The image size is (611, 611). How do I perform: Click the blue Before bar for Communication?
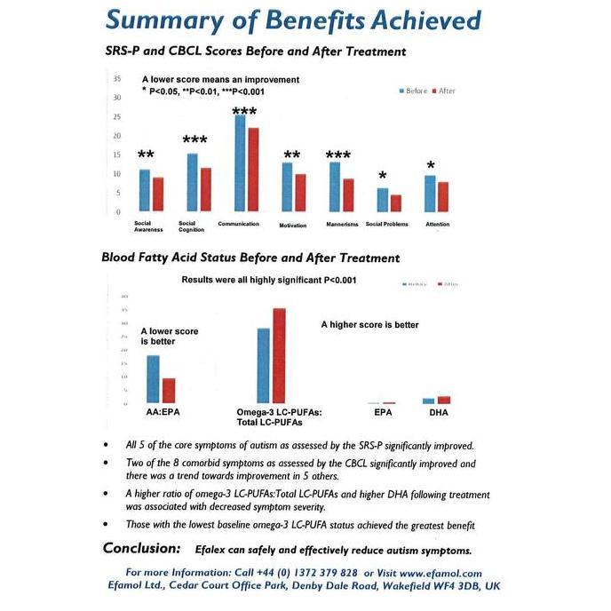point(240,163)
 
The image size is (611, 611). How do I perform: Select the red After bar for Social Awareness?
point(158,194)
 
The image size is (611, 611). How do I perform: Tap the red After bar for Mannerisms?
point(348,195)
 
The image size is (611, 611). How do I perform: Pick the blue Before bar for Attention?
point(430,194)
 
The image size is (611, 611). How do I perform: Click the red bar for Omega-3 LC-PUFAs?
point(279,355)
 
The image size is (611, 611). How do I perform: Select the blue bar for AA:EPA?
point(153,379)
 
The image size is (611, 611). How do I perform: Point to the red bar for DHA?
point(444,400)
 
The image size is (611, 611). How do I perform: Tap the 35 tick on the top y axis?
point(117,79)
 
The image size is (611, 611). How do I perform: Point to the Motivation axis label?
point(292,225)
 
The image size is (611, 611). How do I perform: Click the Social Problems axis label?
point(387,224)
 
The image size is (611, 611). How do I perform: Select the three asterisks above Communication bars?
point(244,112)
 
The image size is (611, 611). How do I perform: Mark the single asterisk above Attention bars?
point(431,166)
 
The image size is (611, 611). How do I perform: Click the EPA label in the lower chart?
point(383,413)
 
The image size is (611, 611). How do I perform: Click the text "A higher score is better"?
point(369,325)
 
